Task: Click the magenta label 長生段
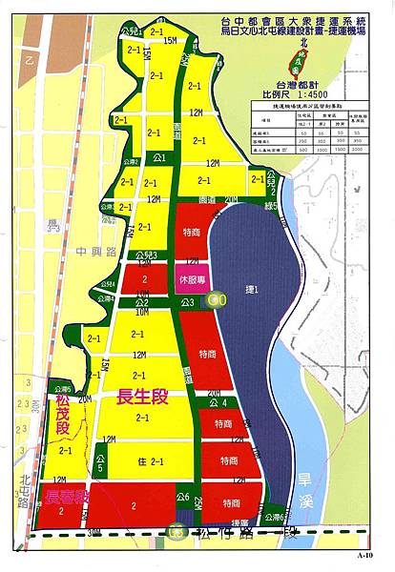(x=141, y=398)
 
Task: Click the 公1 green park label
(x=159, y=157)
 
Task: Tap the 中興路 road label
(x=74, y=254)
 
